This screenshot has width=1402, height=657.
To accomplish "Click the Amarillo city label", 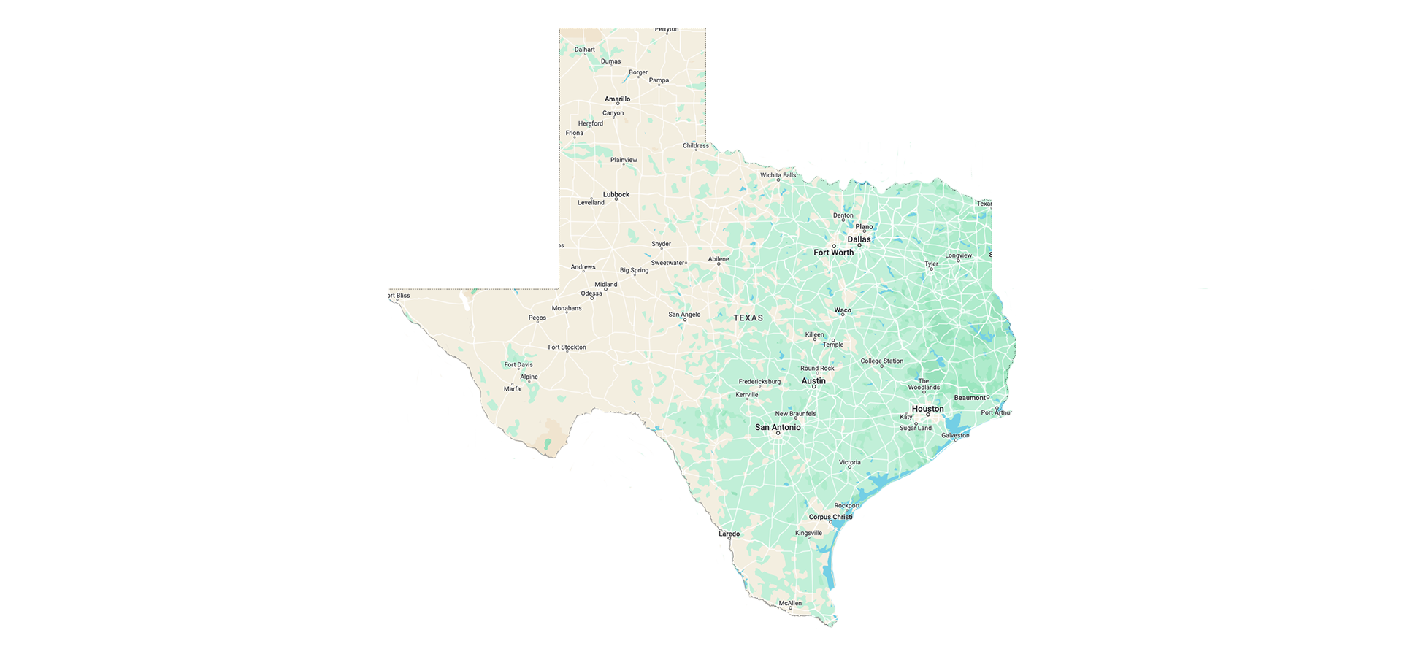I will point(617,99).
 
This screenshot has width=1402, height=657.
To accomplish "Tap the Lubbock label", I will point(616,195).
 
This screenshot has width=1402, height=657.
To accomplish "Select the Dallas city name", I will point(859,239).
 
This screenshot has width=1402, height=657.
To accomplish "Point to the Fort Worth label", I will point(833,253).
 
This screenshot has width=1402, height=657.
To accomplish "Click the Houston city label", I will point(927,409).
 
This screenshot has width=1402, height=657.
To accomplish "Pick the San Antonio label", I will point(778,428).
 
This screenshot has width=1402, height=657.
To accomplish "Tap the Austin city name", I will point(813,381).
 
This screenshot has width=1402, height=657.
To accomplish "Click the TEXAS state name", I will point(748,318).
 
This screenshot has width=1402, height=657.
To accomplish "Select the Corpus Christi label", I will point(830,517).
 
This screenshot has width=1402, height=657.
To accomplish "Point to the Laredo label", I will point(729,534).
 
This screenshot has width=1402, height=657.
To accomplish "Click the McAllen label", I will point(790,603).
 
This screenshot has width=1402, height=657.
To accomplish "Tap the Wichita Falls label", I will point(778,175).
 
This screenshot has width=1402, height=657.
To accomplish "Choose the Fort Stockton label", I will point(567,347).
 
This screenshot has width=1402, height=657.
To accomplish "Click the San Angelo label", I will point(684,315).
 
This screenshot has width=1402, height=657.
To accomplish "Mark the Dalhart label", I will point(585,50).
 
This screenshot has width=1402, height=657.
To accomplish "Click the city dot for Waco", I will point(843,315).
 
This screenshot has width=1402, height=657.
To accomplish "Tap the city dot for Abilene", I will point(719,264).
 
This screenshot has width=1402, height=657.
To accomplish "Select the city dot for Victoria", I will point(849,467).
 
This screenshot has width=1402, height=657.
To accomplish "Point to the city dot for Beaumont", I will point(988,397).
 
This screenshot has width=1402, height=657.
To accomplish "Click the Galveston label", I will point(955,436).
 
